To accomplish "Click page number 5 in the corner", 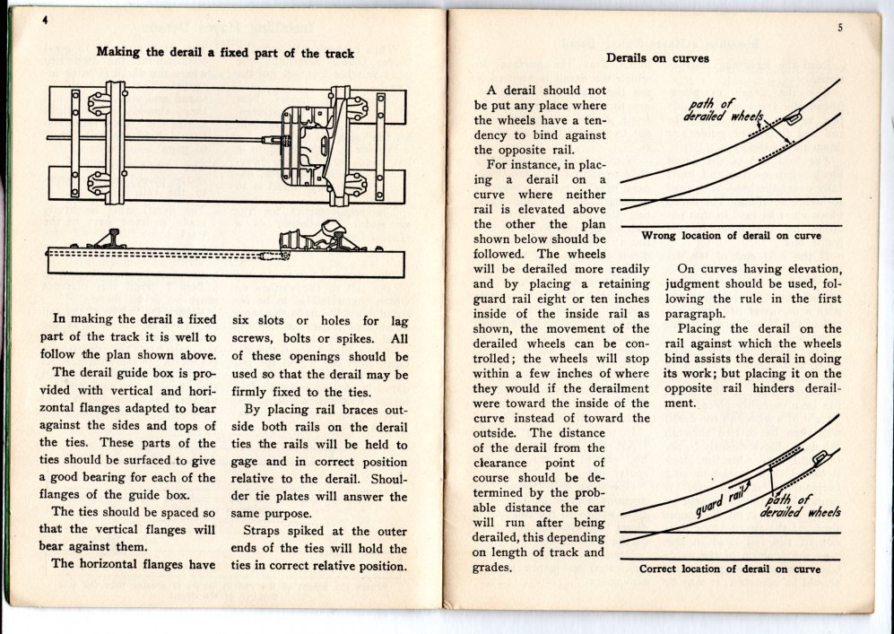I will tap(839, 28).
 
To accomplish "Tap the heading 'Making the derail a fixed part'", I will tap(225, 53).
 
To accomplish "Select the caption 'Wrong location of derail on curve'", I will tap(731, 236).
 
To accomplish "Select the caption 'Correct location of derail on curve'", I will tap(730, 569).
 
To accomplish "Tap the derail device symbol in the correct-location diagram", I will tap(818, 460).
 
